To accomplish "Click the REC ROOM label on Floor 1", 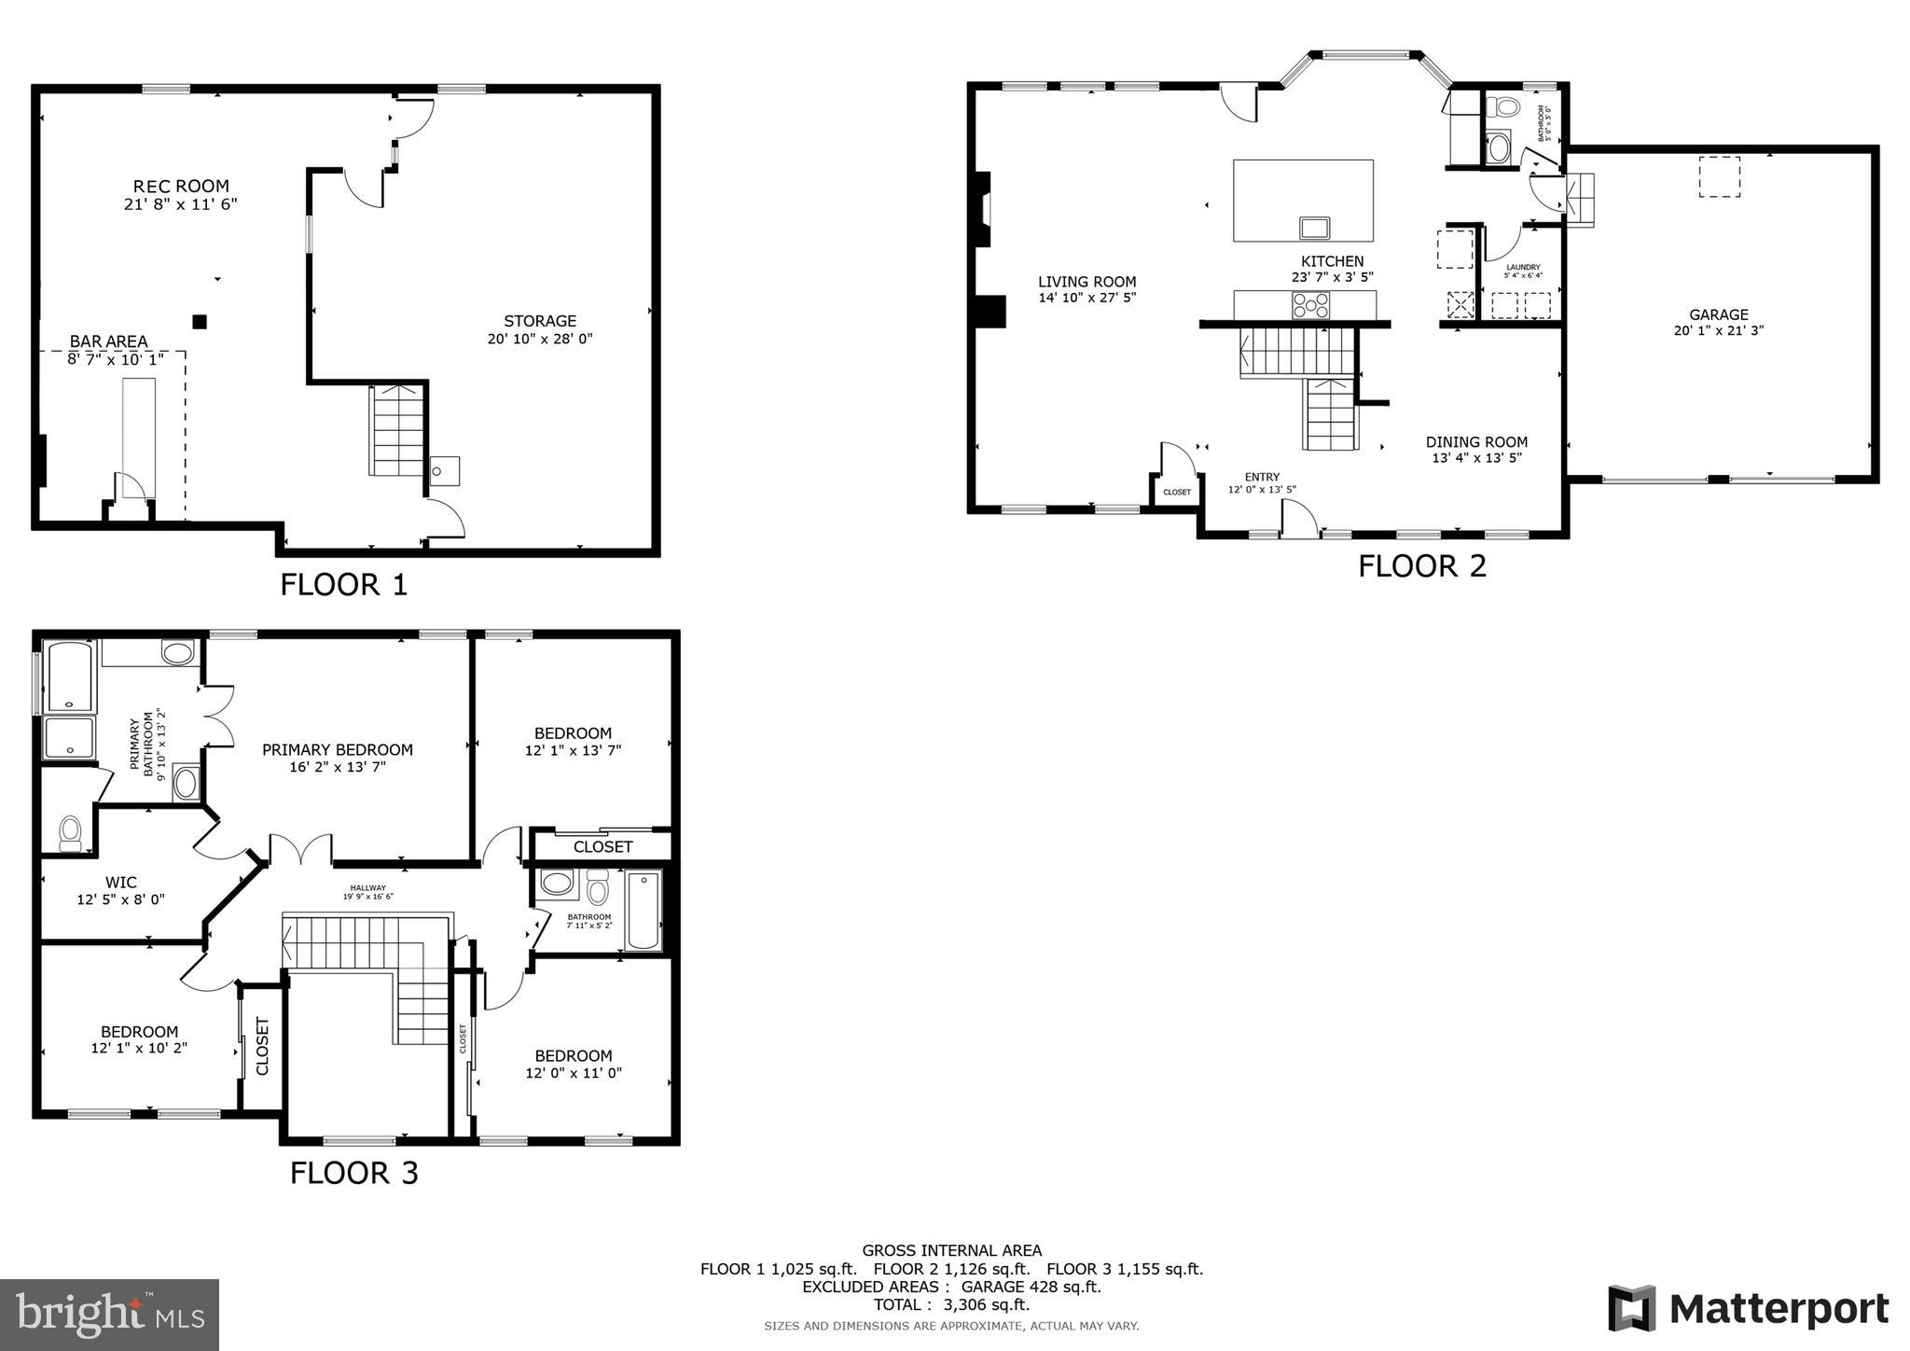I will click(x=180, y=187).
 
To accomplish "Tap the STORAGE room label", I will click(x=540, y=321).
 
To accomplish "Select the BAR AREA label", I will click(x=108, y=341).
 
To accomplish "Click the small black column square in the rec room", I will click(x=199, y=322).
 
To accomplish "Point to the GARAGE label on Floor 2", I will click(x=1718, y=314).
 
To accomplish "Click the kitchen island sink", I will click(x=1315, y=228).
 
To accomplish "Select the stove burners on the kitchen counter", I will click(x=1310, y=305).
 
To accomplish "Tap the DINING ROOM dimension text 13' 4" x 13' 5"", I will click(x=1476, y=458).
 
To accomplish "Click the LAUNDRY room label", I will click(x=1523, y=267).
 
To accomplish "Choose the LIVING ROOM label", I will click(x=1086, y=282).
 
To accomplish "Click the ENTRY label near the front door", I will click(x=1262, y=477).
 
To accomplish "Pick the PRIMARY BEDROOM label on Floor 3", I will click(x=337, y=749).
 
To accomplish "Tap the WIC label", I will click(x=120, y=882).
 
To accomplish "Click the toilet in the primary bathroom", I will click(x=70, y=832).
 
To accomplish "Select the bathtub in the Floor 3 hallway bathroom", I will click(x=643, y=910).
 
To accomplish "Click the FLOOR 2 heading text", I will click(x=1421, y=566).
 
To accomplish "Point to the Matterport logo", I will click(x=1748, y=1308).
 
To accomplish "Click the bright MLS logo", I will click(x=109, y=1315).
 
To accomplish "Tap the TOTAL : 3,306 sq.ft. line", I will click(x=951, y=1304).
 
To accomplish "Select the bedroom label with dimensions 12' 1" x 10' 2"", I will click(x=139, y=1031).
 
